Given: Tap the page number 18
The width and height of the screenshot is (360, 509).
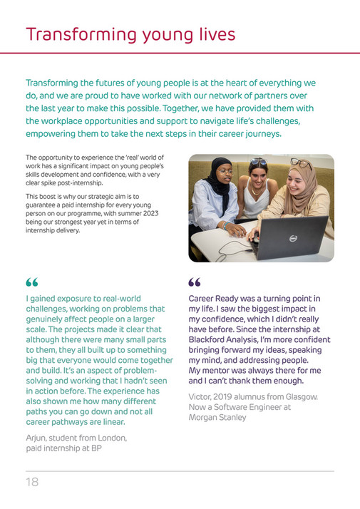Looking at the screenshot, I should click(32, 482).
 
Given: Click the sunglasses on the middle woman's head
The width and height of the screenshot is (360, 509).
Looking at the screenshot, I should click(257, 162).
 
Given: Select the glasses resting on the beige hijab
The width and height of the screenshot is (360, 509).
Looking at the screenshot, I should click(301, 163).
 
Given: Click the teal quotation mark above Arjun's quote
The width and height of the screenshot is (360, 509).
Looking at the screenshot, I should click(32, 284).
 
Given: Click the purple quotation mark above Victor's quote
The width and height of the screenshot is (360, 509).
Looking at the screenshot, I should click(195, 283).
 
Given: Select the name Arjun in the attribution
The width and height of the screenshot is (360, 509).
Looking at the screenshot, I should click(38, 438).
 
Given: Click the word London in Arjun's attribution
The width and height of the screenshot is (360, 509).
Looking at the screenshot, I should click(110, 438).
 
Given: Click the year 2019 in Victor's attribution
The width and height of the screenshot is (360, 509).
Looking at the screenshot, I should click(231, 396).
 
